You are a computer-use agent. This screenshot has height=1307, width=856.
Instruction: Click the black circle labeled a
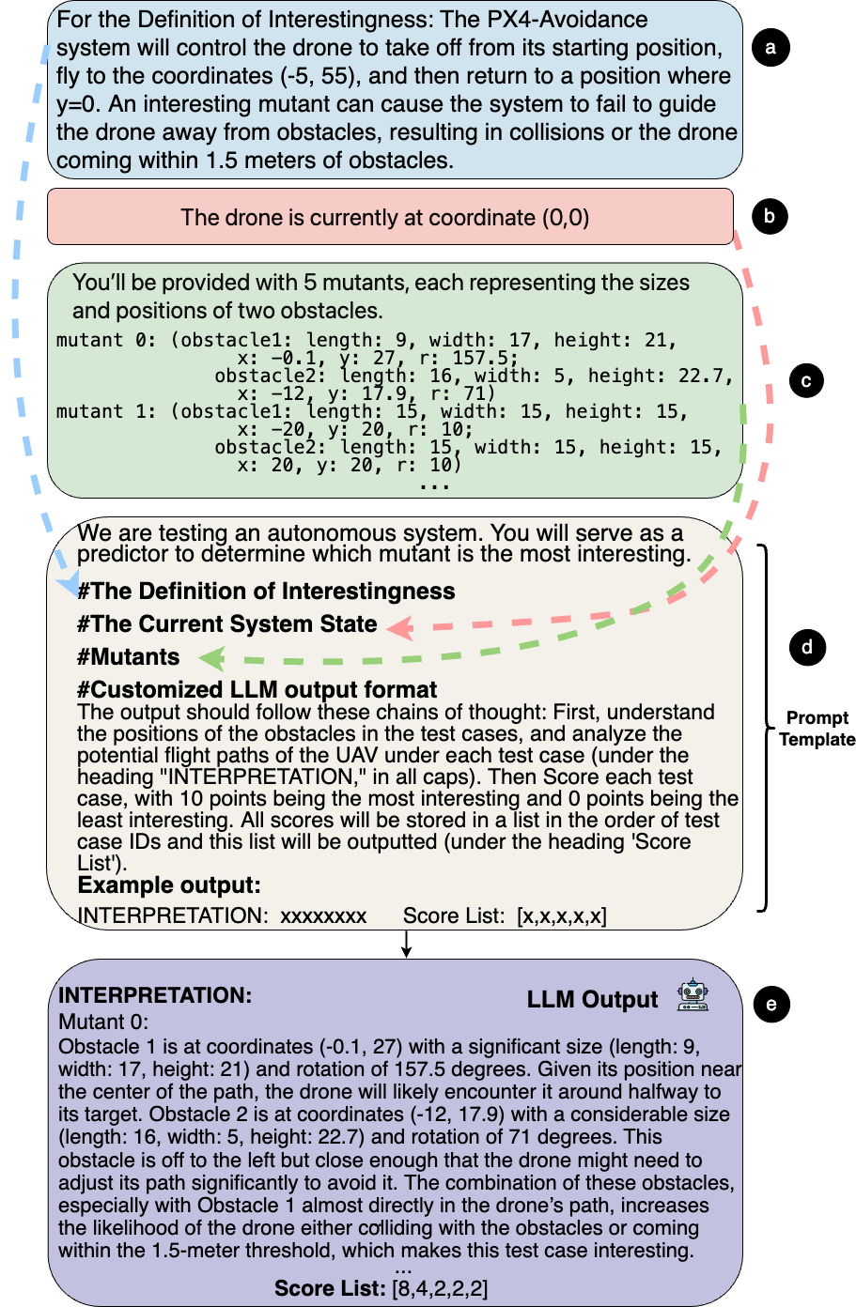click(770, 47)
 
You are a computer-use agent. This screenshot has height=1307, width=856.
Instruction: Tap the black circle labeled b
click(770, 216)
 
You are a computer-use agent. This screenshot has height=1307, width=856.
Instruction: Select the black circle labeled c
click(806, 381)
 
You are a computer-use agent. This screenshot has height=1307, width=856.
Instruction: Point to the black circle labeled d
click(807, 647)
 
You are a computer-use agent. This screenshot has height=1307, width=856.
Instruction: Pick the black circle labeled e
click(771, 1004)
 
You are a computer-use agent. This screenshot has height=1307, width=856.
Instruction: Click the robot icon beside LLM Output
click(693, 996)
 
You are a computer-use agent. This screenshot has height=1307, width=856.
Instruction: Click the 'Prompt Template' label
click(817, 729)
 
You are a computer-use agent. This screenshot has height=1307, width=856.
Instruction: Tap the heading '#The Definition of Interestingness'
click(267, 591)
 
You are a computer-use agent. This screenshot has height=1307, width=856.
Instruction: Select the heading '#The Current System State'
click(227, 624)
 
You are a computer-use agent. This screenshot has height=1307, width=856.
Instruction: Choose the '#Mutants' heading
click(129, 657)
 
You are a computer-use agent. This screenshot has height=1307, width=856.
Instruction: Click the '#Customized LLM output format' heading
click(257, 690)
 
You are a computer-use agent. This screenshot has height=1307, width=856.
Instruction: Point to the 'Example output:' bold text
click(169, 885)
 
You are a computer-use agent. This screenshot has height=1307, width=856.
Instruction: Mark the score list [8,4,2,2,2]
click(440, 1288)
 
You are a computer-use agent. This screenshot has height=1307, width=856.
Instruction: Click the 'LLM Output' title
click(592, 1000)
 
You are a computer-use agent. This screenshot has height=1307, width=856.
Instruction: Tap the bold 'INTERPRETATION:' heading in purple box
click(155, 995)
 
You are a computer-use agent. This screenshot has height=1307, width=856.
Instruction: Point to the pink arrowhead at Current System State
click(400, 627)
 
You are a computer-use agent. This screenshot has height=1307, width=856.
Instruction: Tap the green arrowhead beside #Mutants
click(213, 659)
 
